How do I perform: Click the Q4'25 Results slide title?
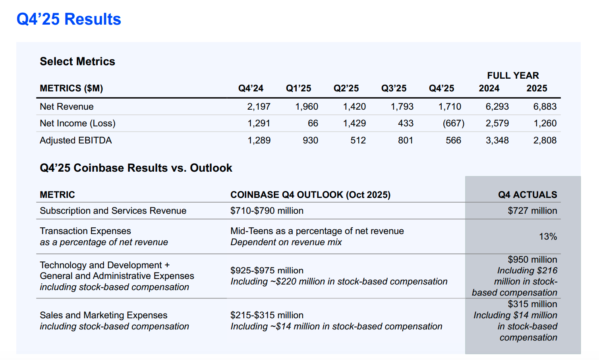point(69,19)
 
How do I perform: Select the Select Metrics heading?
point(77,62)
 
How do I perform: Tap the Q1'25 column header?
point(298,88)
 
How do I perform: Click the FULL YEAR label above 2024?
point(513,75)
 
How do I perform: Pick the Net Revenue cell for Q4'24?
point(259,106)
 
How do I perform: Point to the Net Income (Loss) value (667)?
point(453,124)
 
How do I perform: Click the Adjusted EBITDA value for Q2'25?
point(358,140)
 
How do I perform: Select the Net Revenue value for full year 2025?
point(545,106)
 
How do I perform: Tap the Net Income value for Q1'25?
point(313,124)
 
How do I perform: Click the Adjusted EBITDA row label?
point(76,140)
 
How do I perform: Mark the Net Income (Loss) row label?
point(77,124)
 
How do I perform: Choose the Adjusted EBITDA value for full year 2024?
point(497,140)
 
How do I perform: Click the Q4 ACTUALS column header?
point(528,195)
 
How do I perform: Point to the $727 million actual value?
point(532,211)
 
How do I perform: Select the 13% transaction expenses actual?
point(548,236)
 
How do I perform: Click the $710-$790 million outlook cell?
point(267,211)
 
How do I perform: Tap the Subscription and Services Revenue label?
point(113,211)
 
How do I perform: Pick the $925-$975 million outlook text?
point(267,270)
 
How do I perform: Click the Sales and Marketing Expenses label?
point(104,315)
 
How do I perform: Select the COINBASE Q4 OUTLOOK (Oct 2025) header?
point(310,195)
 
